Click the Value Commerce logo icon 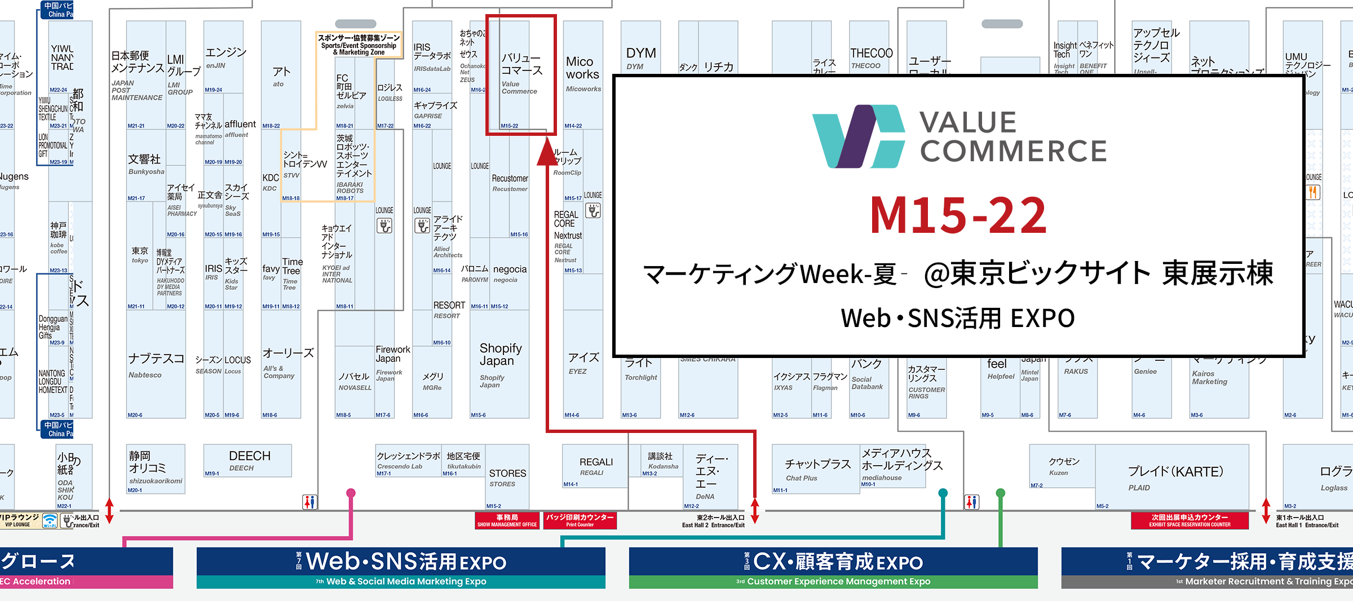(858, 136)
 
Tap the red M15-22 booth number (958, 215)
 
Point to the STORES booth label (507, 477)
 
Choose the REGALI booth (595, 466)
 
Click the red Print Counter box (580, 520)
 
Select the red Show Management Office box (507, 520)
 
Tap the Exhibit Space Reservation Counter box (1190, 520)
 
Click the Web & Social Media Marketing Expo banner (401, 567)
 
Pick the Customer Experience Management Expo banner (833, 567)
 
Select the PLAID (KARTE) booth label (1175, 476)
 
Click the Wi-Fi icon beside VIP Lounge (50, 520)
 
